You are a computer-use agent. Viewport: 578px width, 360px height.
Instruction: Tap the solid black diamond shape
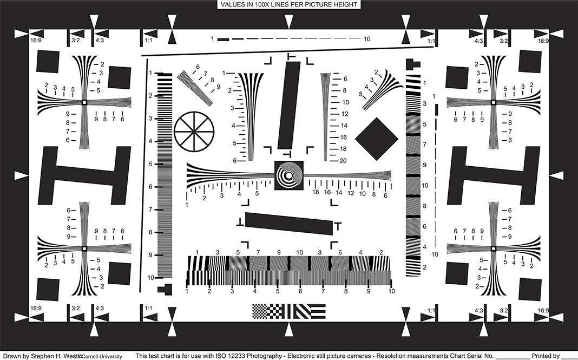tap(377, 139)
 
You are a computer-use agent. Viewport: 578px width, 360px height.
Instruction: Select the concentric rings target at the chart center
tap(289, 175)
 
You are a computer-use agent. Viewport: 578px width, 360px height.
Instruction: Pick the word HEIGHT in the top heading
tap(343, 5)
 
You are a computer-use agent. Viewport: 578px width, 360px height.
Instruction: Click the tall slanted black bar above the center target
tap(289, 105)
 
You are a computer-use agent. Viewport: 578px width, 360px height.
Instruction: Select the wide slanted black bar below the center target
tap(289, 224)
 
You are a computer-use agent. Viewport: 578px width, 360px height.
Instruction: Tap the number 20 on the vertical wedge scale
tap(343, 160)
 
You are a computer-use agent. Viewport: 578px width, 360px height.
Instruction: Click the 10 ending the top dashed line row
tap(367, 39)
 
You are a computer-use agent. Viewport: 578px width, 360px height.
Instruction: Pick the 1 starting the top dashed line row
tap(213, 39)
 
